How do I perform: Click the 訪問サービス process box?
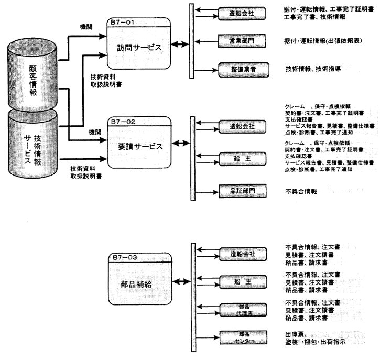tap(139, 47)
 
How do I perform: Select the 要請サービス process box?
tap(139, 147)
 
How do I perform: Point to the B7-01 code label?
tap(122, 23)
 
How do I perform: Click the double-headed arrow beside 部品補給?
tap(181, 282)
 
